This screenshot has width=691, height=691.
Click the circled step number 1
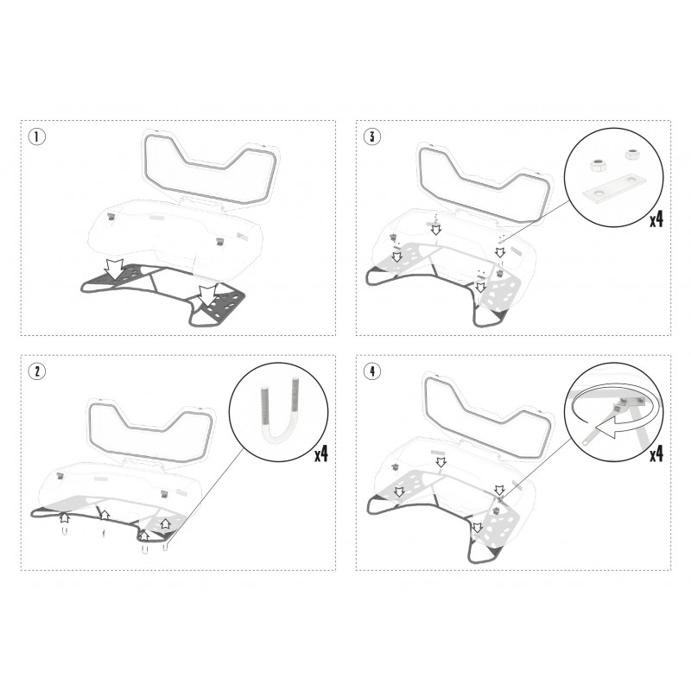37,136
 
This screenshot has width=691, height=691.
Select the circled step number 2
37,371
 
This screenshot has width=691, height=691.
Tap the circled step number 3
372,136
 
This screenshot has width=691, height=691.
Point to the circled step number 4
372,371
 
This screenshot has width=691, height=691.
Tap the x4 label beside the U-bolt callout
321,453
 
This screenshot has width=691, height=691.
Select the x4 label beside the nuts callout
656,219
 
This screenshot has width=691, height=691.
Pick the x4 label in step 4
656,453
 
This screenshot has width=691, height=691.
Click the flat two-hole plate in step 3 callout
614,188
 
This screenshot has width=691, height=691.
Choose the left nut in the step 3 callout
597,166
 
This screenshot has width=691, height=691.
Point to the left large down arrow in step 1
115,269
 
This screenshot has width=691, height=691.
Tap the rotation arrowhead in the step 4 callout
607,429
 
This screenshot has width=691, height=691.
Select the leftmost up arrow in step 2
64,517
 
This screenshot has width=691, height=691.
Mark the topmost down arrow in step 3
436,229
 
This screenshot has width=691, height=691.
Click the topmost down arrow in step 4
441,462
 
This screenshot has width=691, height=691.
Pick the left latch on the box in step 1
111,216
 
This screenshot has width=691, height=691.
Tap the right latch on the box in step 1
220,241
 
